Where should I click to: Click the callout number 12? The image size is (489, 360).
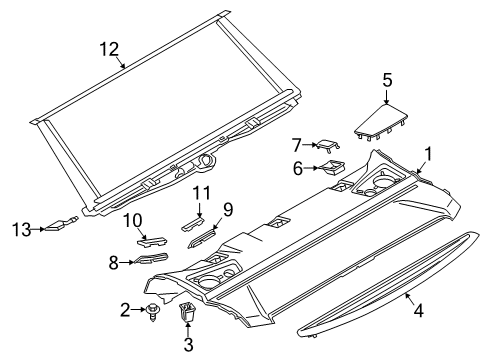pos(109,48)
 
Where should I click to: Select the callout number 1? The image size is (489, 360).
pos(429,154)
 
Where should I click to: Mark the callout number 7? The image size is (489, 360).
pos(296,144)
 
